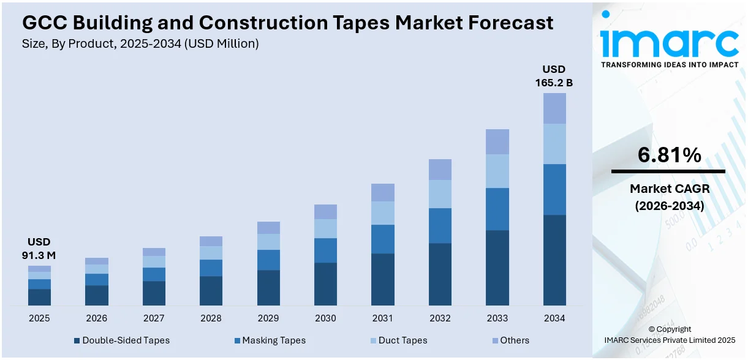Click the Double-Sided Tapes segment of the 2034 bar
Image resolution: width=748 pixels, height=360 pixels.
click(554, 260)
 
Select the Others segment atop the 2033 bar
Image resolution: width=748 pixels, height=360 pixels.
click(497, 141)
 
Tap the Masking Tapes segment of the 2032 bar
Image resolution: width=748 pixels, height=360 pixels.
click(440, 225)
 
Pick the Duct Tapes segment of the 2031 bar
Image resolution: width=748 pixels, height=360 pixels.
click(383, 212)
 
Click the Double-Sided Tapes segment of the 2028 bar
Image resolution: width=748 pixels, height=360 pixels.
click(211, 290)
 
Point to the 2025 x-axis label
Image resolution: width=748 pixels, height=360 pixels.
click(39, 318)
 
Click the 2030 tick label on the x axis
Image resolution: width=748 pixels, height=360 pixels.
click(325, 318)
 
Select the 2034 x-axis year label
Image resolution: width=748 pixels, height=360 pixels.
click(554, 318)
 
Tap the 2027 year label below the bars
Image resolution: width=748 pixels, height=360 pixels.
click(154, 318)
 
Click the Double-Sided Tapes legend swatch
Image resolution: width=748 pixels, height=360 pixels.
click(77, 340)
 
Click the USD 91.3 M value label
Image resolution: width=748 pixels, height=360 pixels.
click(39, 249)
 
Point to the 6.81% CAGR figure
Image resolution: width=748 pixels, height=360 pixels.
click(669, 156)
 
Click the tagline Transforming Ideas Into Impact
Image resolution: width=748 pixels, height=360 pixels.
click(669, 64)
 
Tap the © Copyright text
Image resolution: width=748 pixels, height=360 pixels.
click(669, 329)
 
